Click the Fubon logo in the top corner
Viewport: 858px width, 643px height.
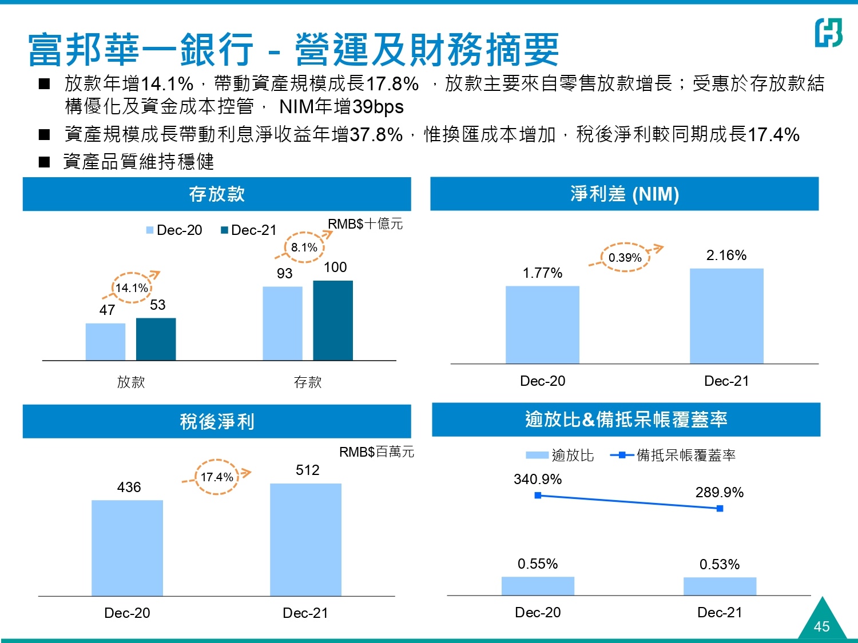pos(828,33)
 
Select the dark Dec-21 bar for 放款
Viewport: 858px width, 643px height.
pos(156,339)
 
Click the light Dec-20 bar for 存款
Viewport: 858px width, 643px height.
pos(283,323)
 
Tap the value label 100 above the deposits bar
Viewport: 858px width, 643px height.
pos(335,267)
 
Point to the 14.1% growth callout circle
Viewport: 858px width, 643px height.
pos(132,287)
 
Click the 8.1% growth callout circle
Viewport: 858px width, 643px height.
pos(304,247)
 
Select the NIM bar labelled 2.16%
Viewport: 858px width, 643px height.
pos(726,315)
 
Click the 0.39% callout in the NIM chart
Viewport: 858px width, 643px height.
pos(625,257)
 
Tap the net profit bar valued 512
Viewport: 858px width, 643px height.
pos(305,540)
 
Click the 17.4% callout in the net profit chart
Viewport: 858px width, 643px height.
pos(217,477)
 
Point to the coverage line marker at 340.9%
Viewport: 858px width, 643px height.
pos(538,495)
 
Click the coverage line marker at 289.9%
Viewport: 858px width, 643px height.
pos(720,508)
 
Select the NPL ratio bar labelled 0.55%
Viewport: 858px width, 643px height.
pos(538,586)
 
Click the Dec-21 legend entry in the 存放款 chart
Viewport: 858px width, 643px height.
pos(249,230)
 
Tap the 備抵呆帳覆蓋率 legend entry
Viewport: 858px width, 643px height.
pos(674,456)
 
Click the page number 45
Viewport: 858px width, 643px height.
pos(821,626)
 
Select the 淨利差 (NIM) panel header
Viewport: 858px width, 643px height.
pos(625,194)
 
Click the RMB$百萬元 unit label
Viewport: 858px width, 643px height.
pos(376,452)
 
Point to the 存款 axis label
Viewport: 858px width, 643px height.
pos(308,382)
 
